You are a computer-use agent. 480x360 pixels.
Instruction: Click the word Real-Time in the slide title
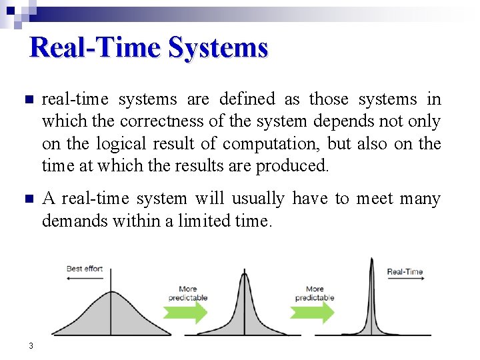click(96, 48)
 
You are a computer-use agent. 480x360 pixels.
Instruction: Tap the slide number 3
click(31, 345)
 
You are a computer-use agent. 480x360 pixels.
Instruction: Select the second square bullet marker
click(28, 199)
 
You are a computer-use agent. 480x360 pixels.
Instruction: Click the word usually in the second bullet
click(257, 199)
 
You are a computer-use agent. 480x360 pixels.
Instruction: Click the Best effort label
click(85, 269)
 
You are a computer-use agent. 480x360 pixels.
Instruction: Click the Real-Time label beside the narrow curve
click(405, 271)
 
